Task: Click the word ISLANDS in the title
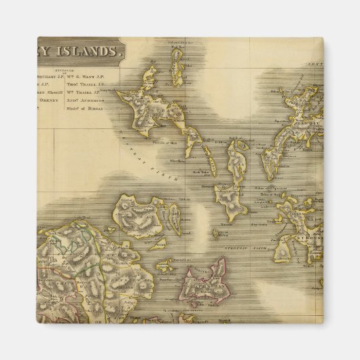(89, 50)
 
